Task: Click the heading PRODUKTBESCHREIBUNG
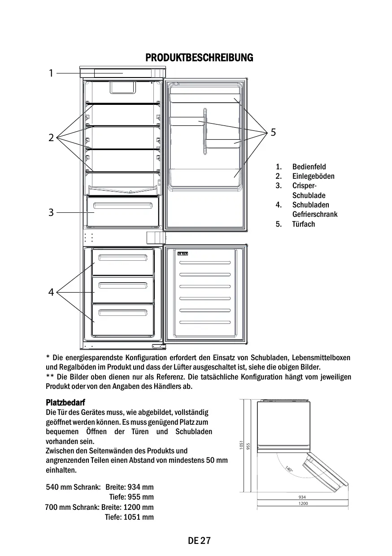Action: coord(199,58)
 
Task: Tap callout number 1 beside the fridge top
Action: coord(51,73)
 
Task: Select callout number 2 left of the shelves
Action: coord(51,138)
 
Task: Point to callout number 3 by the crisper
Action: coord(51,213)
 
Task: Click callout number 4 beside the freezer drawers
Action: coord(51,293)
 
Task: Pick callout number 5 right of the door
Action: coord(274,132)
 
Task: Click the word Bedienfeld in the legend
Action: coord(309,167)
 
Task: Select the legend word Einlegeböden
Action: coord(313,176)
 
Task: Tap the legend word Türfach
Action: coord(304,224)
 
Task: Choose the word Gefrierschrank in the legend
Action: coord(315,214)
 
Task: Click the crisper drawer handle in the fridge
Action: coord(122,205)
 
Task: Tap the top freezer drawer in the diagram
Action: coord(123,262)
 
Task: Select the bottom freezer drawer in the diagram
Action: coord(123,319)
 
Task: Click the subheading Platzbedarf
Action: coord(65,402)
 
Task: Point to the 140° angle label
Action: coord(289,470)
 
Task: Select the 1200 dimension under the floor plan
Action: coord(302,504)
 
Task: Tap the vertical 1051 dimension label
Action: coord(241,445)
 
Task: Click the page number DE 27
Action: coord(199,541)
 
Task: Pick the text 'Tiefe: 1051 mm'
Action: coord(129,517)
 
